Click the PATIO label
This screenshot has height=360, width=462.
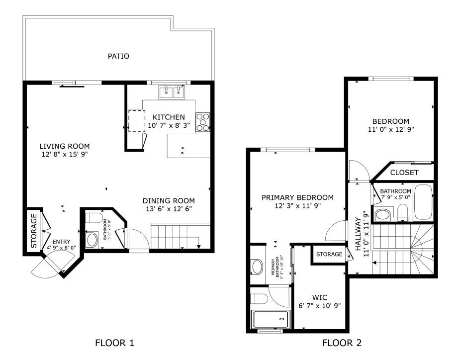point(118,56)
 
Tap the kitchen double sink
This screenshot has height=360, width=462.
point(172,92)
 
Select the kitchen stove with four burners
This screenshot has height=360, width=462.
point(203,122)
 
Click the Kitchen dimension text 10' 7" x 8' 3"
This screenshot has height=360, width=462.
point(169,125)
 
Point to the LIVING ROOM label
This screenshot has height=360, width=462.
point(65,146)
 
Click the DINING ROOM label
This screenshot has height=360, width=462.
point(169,201)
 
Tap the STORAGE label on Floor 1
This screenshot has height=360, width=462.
point(34,231)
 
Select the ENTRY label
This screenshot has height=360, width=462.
point(61,242)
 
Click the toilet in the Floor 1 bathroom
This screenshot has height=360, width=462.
point(94,218)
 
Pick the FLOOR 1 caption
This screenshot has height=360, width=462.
point(114,343)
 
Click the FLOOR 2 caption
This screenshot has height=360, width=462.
point(342,343)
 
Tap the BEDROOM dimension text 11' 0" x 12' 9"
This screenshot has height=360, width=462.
point(391,129)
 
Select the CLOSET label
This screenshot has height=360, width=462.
point(404,173)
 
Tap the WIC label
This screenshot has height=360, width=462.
point(320,297)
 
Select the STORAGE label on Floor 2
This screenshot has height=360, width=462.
point(329,254)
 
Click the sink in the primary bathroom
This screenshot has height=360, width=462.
point(257,267)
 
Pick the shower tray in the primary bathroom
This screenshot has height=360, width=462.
point(270,319)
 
